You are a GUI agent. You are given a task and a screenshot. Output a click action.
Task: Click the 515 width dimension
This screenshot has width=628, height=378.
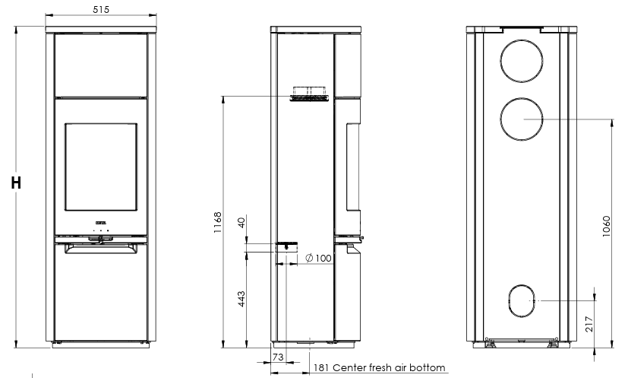[100, 9]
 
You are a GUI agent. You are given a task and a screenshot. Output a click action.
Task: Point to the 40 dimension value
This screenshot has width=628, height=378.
[241, 223]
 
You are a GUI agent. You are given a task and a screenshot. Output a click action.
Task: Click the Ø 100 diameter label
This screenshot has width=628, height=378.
[317, 259]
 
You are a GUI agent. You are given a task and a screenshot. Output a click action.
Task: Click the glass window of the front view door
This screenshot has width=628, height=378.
[100, 165]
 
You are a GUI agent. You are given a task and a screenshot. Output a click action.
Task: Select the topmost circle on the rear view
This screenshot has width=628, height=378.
[522, 58]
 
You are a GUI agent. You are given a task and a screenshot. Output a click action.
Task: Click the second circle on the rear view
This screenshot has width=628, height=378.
[522, 120]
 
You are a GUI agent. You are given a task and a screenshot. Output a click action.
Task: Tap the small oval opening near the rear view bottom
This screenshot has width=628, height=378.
[521, 300]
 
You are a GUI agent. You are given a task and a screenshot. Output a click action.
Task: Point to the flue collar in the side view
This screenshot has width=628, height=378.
[308, 93]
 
